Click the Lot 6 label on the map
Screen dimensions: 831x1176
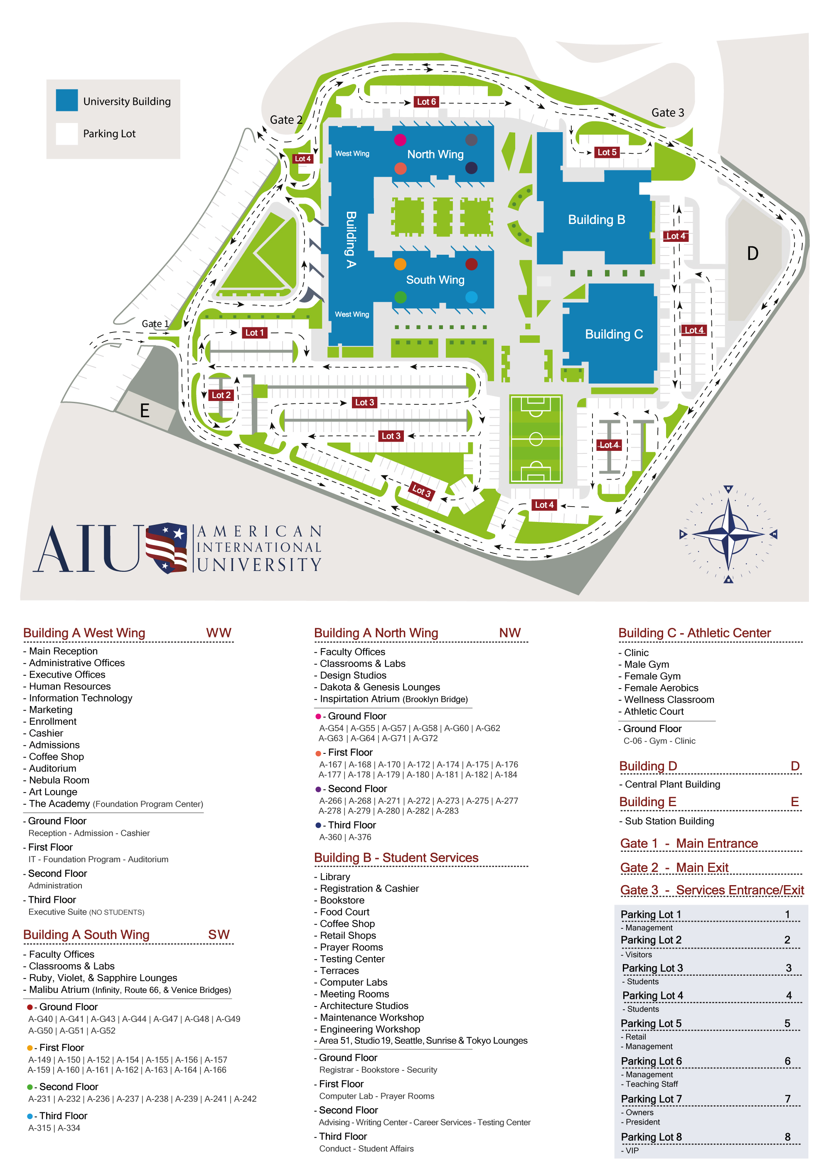point(426,101)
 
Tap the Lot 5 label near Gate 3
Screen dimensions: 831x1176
point(607,152)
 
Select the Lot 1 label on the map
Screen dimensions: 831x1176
point(254,332)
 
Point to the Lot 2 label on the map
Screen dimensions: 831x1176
point(221,395)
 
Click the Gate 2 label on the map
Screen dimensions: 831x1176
point(286,120)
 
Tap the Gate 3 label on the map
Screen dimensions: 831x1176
point(667,113)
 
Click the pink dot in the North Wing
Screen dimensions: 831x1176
point(400,139)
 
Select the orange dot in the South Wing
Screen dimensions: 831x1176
point(400,264)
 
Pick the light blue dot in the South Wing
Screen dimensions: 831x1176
point(471,297)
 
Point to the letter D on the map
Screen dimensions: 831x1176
point(752,253)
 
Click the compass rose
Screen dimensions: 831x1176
point(728,534)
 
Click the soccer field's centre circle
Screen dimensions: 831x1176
point(536,439)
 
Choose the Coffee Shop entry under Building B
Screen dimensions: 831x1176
point(347,923)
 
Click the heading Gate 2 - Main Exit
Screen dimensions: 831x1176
point(674,868)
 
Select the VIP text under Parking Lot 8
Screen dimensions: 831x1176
point(632,1150)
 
